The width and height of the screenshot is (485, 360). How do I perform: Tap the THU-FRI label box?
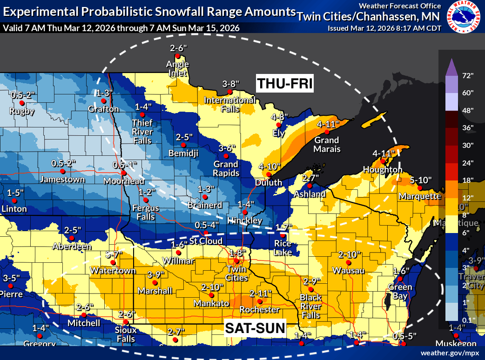pos(284,84)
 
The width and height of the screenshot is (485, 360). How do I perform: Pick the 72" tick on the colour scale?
pos(468,75)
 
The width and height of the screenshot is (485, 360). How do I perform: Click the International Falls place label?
pos(229,104)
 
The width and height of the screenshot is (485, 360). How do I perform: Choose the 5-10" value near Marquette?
pos(421,180)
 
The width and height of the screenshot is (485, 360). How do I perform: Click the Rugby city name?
pos(22,111)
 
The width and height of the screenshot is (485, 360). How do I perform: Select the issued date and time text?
pos(384,28)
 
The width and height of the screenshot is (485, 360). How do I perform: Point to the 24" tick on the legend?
pos(468,163)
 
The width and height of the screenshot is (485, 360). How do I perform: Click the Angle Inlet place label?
pos(178,68)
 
